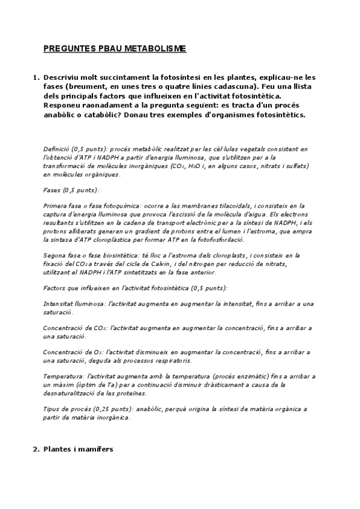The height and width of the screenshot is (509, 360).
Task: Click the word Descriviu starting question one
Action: tap(68, 77)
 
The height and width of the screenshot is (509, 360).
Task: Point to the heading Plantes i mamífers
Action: tap(78, 449)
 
